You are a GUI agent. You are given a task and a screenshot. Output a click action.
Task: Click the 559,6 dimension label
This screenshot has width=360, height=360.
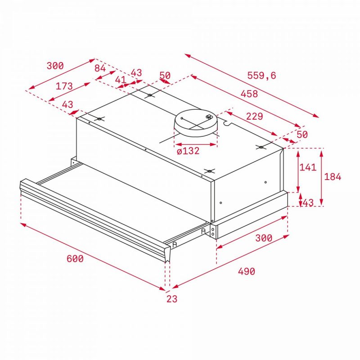point(261,75)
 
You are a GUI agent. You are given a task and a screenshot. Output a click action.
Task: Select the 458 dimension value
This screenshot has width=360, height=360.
point(249,94)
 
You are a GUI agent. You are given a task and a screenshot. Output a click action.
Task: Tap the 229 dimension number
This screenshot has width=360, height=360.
point(254,117)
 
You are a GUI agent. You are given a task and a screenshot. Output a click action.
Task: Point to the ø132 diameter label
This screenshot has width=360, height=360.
point(188,151)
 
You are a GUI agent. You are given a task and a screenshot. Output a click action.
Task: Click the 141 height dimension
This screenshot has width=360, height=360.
point(308,167)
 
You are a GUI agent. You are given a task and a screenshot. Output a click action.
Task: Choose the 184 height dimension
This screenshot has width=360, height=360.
point(333,176)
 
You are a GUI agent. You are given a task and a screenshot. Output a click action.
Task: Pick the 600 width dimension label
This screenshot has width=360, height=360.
point(75,259)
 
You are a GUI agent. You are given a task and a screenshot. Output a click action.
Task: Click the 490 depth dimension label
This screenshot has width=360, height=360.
point(246,271)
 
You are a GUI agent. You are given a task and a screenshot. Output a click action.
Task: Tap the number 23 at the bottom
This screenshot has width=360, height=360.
point(172,299)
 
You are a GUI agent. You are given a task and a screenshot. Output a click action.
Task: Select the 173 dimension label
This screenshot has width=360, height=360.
point(64,86)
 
